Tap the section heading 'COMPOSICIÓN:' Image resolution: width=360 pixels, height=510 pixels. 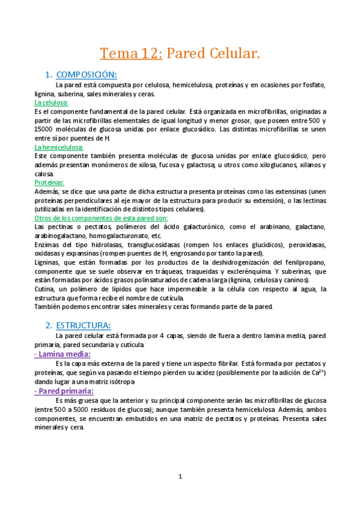coord(86,75)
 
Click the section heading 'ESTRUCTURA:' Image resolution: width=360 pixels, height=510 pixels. coord(84,325)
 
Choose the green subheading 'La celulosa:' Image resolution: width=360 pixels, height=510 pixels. coord(52,103)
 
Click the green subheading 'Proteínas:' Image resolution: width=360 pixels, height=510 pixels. coord(49,182)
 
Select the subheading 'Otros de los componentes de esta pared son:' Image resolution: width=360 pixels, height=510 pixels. coord(102,218)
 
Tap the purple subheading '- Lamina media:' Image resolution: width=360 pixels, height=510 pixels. coord(63,354)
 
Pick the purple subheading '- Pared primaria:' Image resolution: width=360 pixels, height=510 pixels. coord(65,391)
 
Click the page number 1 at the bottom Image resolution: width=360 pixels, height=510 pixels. coord(180,477)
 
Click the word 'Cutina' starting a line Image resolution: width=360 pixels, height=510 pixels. coord(45,289)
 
